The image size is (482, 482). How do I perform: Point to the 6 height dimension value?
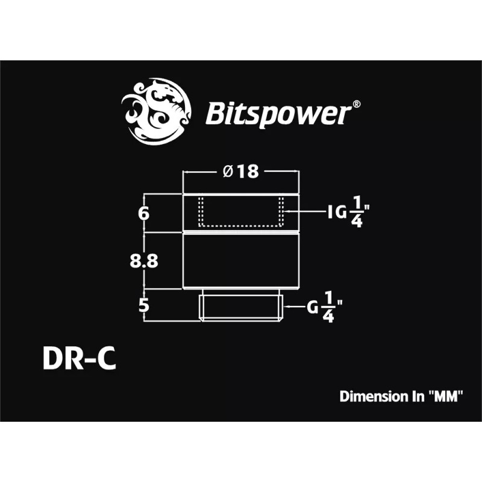pos(143,213)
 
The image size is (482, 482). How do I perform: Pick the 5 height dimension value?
pos(143,305)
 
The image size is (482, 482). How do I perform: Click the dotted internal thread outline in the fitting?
pos(240,225)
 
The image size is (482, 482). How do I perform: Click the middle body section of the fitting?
pos(240,260)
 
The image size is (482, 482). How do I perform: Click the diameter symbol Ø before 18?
pos(228,171)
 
